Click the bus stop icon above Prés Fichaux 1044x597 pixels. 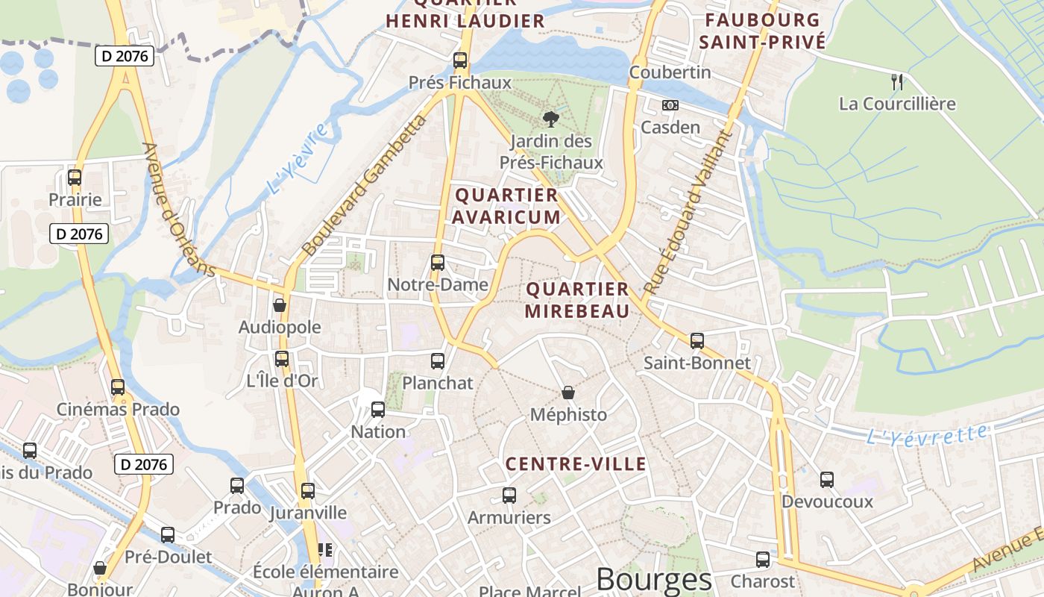pos(460,60)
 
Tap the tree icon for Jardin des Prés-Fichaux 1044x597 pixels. pos(551,119)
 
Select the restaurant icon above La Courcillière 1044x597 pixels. pos(897,81)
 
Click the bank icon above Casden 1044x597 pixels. pos(670,105)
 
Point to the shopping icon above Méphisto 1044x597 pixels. pos(568,393)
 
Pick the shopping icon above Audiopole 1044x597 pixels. pos(280,305)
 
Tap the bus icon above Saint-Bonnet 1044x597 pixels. pos(697,341)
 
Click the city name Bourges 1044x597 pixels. pos(654,580)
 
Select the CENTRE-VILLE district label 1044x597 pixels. pos(576,464)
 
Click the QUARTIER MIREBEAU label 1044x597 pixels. pos(577,300)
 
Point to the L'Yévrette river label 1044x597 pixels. pos(928,435)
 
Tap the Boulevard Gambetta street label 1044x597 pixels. pos(365,184)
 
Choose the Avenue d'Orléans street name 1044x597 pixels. pos(179,210)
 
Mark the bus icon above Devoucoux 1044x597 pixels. pos(827,480)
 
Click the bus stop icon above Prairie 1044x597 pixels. pos(75,178)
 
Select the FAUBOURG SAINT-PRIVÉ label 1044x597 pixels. pos(762,31)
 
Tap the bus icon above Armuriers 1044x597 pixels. pos(509,495)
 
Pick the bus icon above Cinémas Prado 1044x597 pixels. pos(118,387)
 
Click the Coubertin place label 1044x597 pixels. pos(670,72)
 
